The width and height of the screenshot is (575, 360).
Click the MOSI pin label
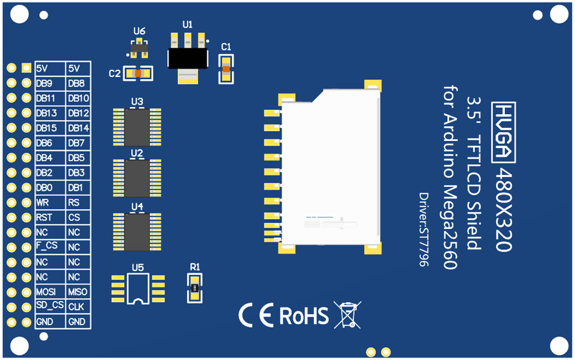(46, 292)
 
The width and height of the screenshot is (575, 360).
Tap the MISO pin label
(77, 292)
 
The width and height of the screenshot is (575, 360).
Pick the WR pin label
(42, 203)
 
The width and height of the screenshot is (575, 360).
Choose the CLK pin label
(76, 307)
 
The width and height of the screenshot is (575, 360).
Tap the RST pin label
(44, 218)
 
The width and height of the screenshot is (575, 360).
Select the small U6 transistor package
(139, 48)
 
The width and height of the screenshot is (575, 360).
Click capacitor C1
(226, 69)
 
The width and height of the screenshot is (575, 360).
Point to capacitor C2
(138, 74)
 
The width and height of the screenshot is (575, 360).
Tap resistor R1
(195, 288)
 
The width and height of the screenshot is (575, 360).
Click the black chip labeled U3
(137, 128)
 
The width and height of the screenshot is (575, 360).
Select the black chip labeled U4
(137, 232)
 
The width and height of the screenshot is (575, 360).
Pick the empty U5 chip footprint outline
(138, 288)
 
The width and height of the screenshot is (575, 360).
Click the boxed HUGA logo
(504, 132)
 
